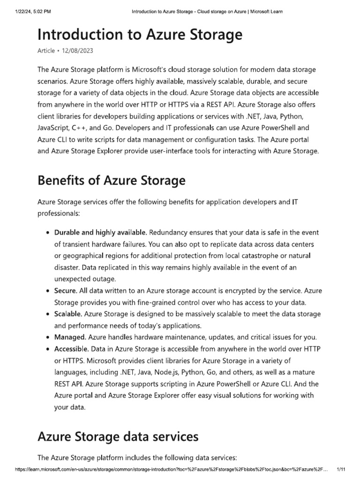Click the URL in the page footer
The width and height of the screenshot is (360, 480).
(172, 469)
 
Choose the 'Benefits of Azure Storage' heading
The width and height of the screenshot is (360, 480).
(111, 180)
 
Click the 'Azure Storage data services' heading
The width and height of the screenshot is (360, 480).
(118, 437)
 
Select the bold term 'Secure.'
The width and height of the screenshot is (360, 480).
(66, 291)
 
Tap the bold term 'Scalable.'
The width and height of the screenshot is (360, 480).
(68, 314)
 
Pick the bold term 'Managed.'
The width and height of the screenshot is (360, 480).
(70, 337)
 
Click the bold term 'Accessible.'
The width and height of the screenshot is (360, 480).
(72, 349)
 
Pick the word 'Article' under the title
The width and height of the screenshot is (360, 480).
(46, 51)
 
